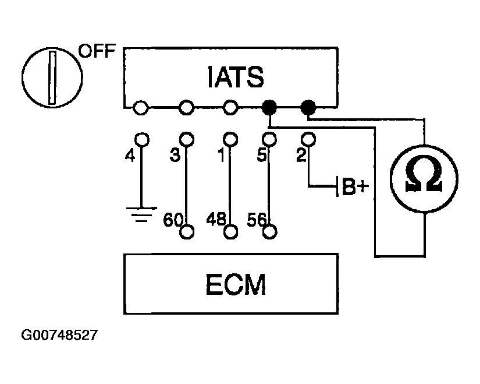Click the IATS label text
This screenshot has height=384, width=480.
[x=236, y=77]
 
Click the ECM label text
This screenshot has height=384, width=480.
[x=236, y=284]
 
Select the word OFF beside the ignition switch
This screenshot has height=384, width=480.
[x=97, y=51]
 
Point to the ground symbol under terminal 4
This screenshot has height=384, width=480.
[x=141, y=214]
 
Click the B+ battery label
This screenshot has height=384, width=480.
[x=355, y=186]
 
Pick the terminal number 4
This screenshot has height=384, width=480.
[x=130, y=156]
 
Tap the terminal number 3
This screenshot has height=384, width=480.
[x=175, y=155]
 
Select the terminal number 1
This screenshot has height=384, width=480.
[x=222, y=155]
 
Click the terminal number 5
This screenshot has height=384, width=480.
[x=262, y=155]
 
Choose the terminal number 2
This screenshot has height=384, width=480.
[x=301, y=155]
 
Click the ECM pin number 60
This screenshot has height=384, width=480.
[x=173, y=220]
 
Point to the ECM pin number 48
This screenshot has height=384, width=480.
[x=216, y=219]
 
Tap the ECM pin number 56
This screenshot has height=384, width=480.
[x=257, y=220]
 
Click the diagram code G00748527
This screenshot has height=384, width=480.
[x=59, y=334]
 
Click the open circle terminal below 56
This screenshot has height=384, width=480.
[x=270, y=231]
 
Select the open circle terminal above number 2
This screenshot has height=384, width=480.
[x=308, y=139]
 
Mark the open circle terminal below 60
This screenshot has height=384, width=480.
[x=187, y=231]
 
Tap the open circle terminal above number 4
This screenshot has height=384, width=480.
[x=142, y=139]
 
